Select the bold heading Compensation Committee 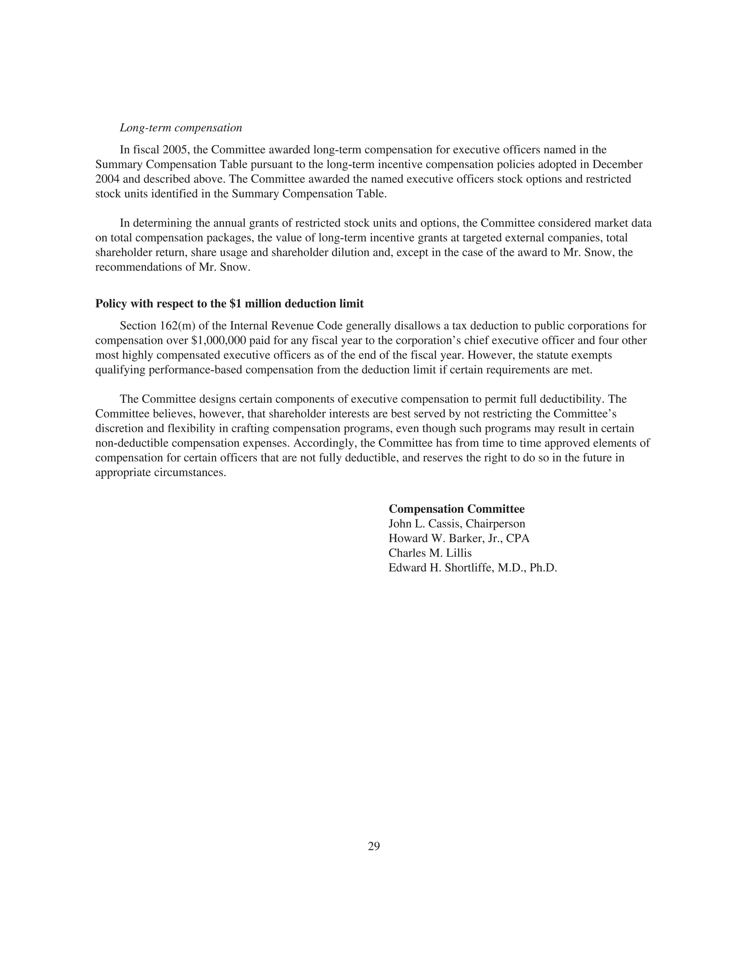pos(457,509)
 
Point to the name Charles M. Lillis pos(430,553)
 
